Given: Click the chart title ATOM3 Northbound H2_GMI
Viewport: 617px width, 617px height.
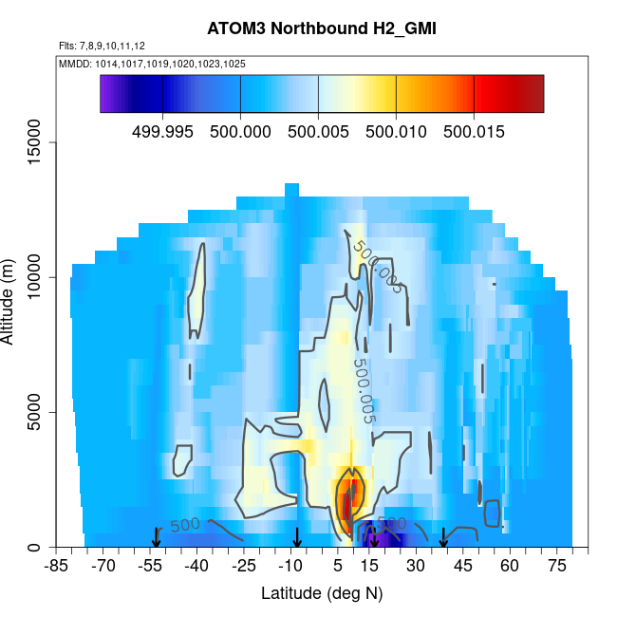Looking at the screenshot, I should pyautogui.click(x=322, y=29).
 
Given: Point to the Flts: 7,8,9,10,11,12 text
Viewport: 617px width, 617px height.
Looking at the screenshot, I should pyautogui.click(x=102, y=46).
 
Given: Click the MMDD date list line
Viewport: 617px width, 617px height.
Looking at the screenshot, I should pyautogui.click(x=153, y=65).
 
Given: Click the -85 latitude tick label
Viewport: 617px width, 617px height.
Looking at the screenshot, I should pyautogui.click(x=57, y=567).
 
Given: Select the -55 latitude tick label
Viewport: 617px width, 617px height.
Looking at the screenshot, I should pyautogui.click(x=150, y=567).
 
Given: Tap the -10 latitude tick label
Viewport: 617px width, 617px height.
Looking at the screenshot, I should pyautogui.click(x=290, y=567).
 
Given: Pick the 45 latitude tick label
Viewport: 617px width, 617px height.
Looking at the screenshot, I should pyautogui.click(x=462, y=567).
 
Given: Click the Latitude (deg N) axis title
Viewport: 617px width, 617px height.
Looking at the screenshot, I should pyautogui.click(x=322, y=593).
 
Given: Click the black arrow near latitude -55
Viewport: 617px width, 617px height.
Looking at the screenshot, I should pyautogui.click(x=157, y=538).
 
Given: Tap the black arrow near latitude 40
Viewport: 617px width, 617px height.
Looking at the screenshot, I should pyautogui.click(x=443, y=538).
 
